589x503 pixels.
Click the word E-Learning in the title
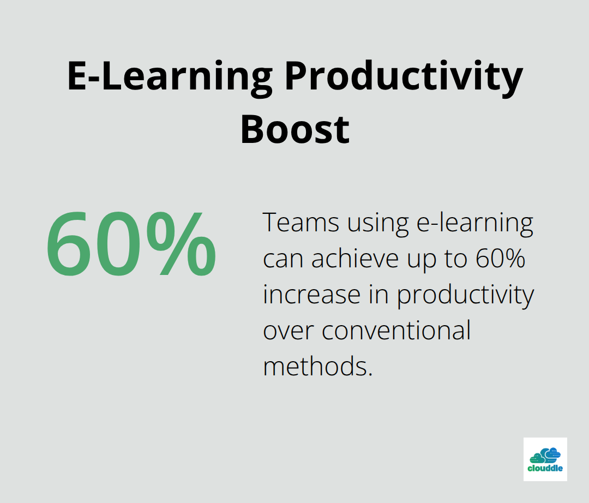tap(170, 77)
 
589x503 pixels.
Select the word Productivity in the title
tap(404, 77)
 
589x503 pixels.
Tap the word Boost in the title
tap(295, 130)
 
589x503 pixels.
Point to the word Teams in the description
tap(300, 223)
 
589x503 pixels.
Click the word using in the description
tap(377, 224)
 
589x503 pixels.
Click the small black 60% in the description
tap(500, 259)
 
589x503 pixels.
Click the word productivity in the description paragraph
tap(465, 296)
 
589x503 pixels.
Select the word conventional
tap(396, 331)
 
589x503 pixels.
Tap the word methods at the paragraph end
tap(317, 366)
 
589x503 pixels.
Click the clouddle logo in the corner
tap(545, 459)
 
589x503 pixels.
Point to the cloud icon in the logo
tap(545, 456)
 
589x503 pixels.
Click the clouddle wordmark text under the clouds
tap(545, 468)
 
